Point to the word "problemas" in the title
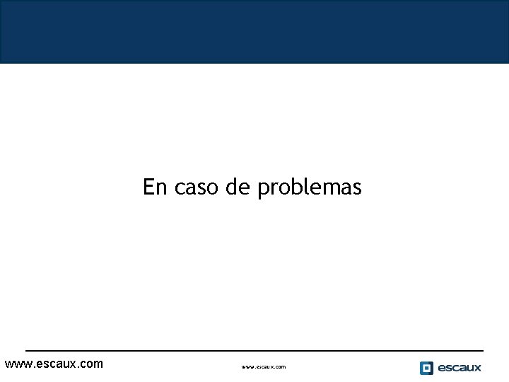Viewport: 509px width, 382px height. click(x=309, y=188)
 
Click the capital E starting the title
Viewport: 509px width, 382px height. click(x=149, y=187)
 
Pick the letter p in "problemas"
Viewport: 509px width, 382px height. click(x=262, y=190)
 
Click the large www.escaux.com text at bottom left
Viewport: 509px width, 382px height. click(x=54, y=364)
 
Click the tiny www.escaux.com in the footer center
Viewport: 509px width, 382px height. click(x=264, y=367)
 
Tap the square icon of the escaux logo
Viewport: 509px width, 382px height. click(x=426, y=368)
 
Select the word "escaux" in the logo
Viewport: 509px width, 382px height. click(x=460, y=368)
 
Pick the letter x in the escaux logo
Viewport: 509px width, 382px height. click(x=477, y=368)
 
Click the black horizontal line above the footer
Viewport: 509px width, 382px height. click(x=255, y=351)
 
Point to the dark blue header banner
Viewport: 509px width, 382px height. click(x=255, y=32)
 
